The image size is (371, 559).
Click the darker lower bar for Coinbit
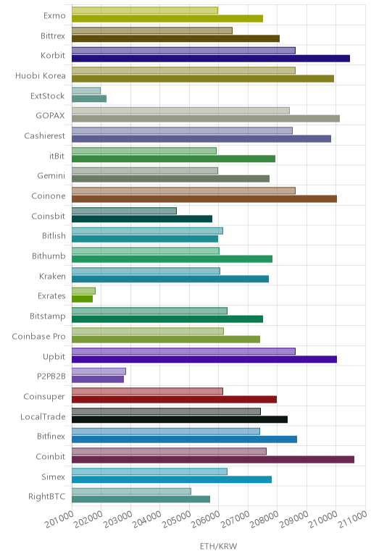tap(213, 460)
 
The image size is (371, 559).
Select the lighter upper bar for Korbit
tap(183, 51)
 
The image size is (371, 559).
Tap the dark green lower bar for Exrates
tap(82, 299)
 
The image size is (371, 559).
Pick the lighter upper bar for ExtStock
tap(86, 91)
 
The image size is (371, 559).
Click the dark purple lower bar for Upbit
tap(204, 359)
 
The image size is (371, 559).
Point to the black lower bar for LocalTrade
tap(180, 419)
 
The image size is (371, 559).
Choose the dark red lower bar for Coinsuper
tap(174, 399)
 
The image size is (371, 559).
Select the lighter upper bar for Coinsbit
tap(124, 211)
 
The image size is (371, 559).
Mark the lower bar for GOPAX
tap(206, 118)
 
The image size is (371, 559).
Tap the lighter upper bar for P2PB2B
tap(99, 371)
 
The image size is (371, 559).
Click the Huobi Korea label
tap(41, 75)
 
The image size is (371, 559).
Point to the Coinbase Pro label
tap(38, 336)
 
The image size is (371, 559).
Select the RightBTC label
tap(46, 496)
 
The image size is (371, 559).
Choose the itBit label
tap(57, 156)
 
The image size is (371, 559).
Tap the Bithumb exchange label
tap(49, 256)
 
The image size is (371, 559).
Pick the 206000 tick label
tap(206, 519)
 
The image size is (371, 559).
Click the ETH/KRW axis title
tap(218, 546)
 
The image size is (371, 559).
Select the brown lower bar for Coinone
tap(204, 199)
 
